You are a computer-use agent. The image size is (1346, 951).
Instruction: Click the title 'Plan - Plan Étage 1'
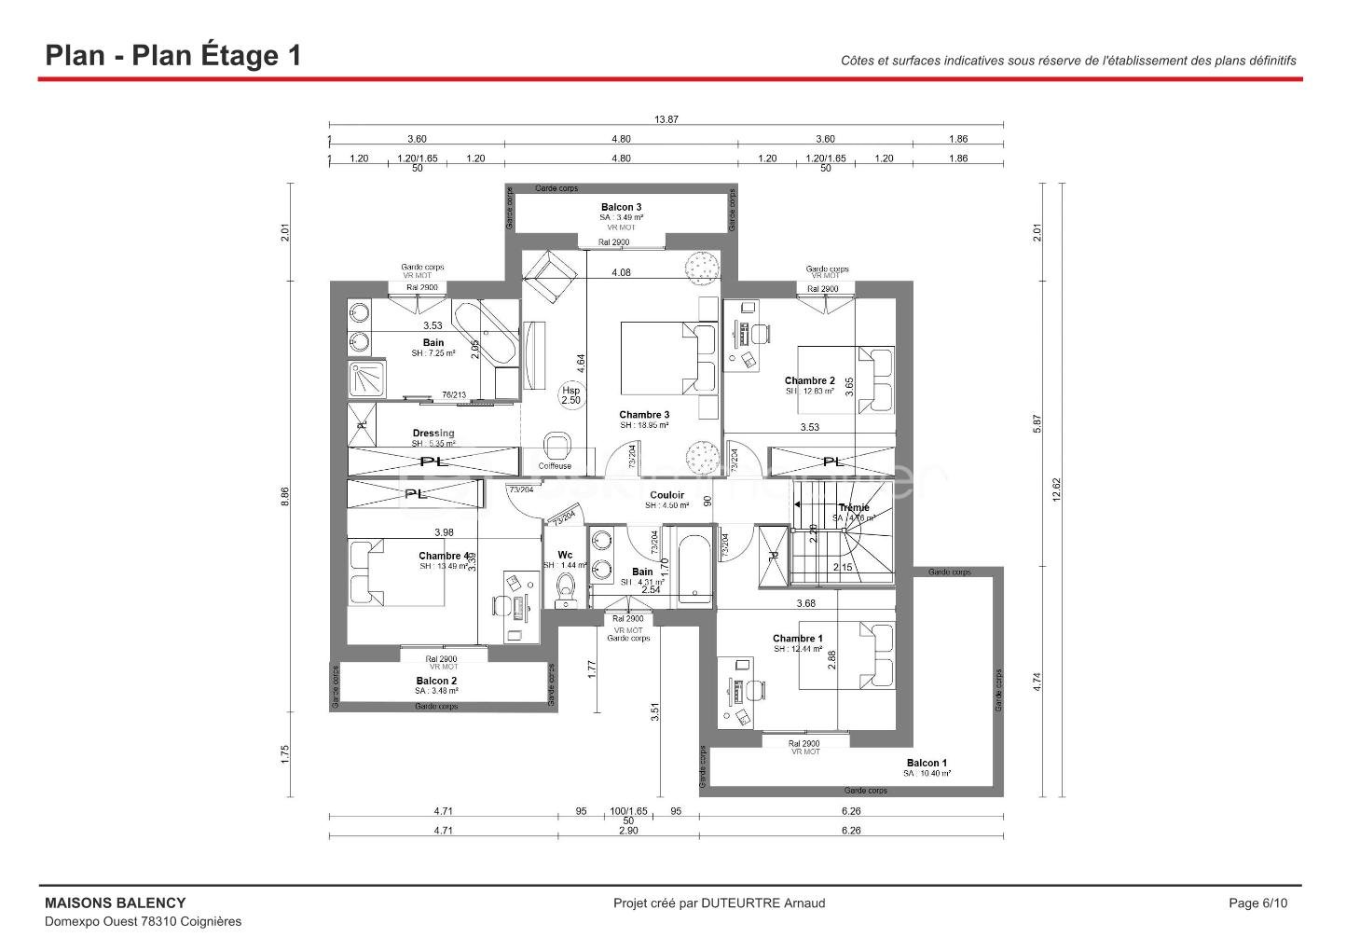[173, 55]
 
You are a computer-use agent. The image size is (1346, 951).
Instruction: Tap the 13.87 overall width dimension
[666, 118]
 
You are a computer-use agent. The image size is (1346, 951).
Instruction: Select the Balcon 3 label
[621, 207]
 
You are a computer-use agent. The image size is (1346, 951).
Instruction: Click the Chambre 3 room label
[644, 415]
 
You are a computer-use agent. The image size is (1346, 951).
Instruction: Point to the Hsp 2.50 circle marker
[570, 394]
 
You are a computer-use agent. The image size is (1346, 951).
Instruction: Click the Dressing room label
[433, 433]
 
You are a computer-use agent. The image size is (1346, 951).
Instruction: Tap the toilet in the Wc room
[565, 587]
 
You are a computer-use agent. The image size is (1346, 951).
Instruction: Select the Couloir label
[666, 495]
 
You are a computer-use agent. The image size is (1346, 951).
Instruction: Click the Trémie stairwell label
[853, 508]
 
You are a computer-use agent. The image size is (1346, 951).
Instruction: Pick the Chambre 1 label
[797, 639]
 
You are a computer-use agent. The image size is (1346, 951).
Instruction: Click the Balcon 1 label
[927, 763]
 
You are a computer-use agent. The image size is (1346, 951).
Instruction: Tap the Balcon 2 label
[436, 681]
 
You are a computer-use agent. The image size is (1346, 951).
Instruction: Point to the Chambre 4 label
[444, 557]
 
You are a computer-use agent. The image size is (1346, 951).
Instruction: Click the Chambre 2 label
[809, 380]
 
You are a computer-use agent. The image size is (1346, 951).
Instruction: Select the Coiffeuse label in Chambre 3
[555, 466]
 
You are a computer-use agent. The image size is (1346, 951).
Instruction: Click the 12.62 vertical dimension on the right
[1056, 490]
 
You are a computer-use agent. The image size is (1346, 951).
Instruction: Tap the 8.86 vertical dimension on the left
[285, 497]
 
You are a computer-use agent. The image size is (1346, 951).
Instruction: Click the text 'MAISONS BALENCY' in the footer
[116, 903]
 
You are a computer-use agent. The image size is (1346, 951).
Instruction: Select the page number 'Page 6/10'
[1257, 903]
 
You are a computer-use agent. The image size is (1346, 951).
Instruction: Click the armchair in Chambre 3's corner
[552, 276]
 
